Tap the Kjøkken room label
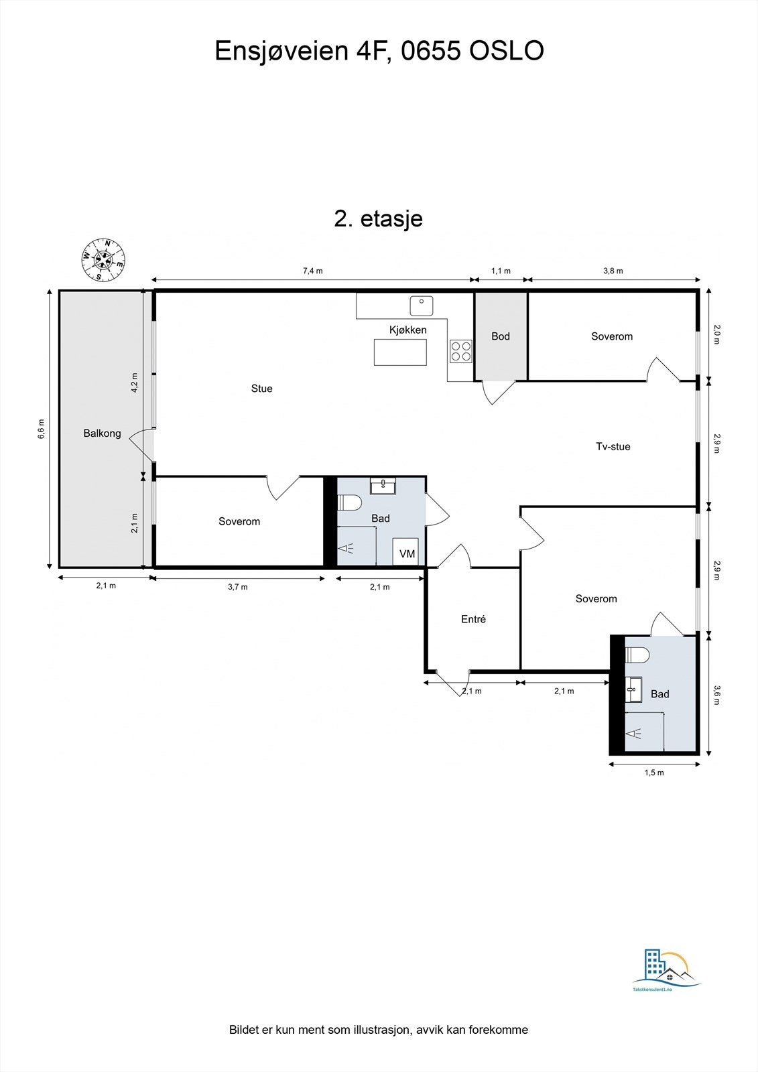point(407,330)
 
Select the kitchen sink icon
point(422,306)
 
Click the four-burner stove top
point(461,351)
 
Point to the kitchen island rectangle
point(400,352)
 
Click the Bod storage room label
point(501,336)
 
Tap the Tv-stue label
point(613,446)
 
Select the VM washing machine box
point(407,553)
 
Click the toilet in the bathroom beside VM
point(349,503)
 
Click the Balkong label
point(102,433)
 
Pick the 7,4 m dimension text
point(312,271)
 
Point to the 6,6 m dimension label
point(41,429)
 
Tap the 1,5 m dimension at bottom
point(654,773)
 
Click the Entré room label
point(473,619)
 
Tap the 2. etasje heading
point(379,218)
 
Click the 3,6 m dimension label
point(716,693)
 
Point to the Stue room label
point(261,389)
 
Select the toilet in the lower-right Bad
point(637,655)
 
